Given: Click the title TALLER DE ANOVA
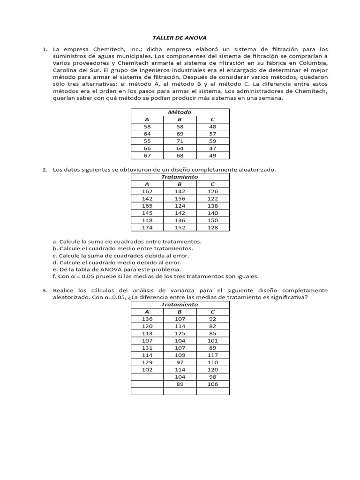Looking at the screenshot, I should pos(180,37).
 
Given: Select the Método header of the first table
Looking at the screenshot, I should pos(180,112).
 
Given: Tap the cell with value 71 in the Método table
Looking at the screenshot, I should pos(180,141).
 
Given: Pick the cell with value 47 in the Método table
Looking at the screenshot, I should pos(212,149).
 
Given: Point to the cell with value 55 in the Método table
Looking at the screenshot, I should pos(147,141).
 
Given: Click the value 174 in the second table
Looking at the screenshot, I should pos(147,228).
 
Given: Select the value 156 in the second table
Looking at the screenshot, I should pos(180,199).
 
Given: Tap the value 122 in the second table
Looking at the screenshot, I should pos(212,199).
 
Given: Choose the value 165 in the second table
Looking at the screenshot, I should pos(147,206).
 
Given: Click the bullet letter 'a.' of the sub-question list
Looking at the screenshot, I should pos(55,241).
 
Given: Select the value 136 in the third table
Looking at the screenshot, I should pos(147,319).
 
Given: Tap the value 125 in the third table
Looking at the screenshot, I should pos(180,333).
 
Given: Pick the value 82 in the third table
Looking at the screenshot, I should pos(212,326).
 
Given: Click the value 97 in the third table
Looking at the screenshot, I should pos(180,362).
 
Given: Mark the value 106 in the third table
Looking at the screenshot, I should pos(212,384).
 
